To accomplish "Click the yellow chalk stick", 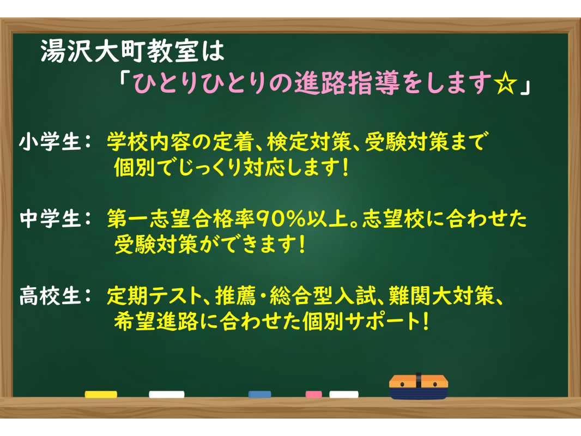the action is [x=101, y=395].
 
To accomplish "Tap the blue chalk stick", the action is [x=260, y=395].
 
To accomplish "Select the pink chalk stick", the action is [x=313, y=395].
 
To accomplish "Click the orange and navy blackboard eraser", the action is [x=419, y=387].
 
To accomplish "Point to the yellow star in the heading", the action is [x=505, y=84].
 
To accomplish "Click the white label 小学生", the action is [x=50, y=142].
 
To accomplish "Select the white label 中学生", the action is [x=50, y=219].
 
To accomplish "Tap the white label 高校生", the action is [x=50, y=296].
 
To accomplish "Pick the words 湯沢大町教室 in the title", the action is [x=119, y=51].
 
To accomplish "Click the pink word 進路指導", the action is [x=347, y=83].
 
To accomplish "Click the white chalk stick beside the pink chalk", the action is [x=344, y=395].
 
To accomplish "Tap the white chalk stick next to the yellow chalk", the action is [x=167, y=395].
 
